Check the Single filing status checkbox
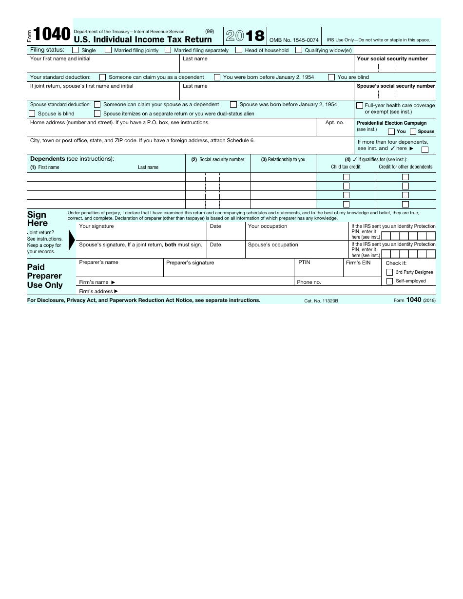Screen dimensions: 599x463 (x=76, y=50)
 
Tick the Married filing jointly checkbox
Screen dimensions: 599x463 (x=108, y=50)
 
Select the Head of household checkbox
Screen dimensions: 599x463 (x=239, y=50)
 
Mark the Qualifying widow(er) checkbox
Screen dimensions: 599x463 (x=299, y=50)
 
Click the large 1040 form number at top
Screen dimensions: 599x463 (x=52, y=35)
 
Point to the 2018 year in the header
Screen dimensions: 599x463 (x=245, y=36)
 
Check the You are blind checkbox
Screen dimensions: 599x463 (x=331, y=77)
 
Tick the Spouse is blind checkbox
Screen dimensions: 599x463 (x=32, y=113)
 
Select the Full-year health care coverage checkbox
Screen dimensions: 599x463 (x=360, y=105)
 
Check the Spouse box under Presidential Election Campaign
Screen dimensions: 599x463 (x=413, y=131)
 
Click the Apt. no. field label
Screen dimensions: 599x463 (x=334, y=123)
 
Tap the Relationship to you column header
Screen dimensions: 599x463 (x=283, y=160)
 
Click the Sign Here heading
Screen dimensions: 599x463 (x=38, y=219)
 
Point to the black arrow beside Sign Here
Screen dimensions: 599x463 (x=72, y=239)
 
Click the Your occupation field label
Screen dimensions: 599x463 (x=268, y=226)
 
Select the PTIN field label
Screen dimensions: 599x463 (x=304, y=262)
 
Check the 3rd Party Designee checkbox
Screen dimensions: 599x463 (x=389, y=272)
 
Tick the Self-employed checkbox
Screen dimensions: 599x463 (x=389, y=281)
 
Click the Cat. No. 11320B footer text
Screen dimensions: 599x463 (x=321, y=301)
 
